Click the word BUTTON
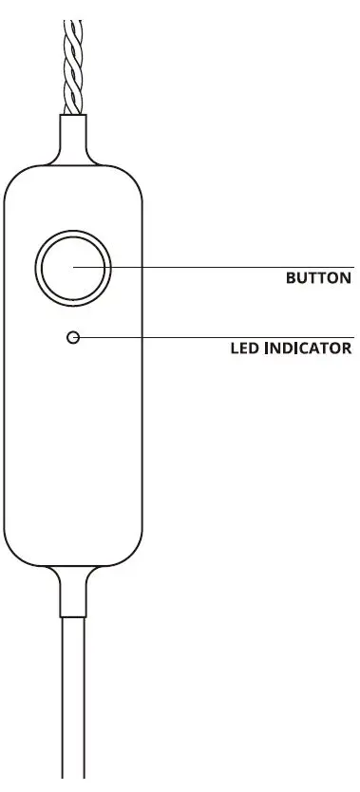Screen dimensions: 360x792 click(319, 279)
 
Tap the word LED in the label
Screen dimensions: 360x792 click(245, 348)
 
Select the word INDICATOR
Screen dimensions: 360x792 click(309, 348)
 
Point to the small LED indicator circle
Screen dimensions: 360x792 click(73, 337)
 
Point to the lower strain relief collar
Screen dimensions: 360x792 click(74, 589)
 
